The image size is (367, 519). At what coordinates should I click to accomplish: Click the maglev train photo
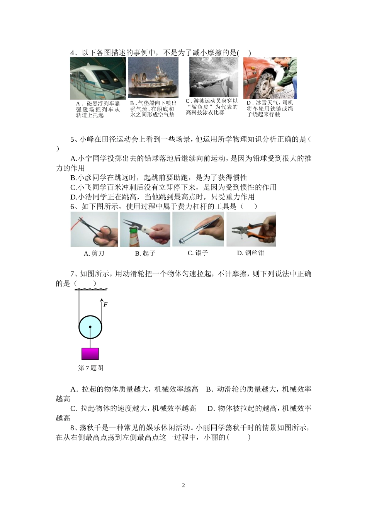point(98,78)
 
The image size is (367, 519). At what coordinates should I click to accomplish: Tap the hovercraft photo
point(153,78)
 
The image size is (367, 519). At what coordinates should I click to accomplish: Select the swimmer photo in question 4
point(213,77)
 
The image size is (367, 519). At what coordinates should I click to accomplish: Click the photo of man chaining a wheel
point(270,78)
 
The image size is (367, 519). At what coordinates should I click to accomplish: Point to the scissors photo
point(94,229)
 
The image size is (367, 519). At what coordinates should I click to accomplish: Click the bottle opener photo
point(145,229)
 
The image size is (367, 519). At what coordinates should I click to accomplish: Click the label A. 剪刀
point(94,253)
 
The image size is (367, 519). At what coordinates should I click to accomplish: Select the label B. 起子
point(145,253)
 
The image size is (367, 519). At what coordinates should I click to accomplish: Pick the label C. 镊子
point(197,253)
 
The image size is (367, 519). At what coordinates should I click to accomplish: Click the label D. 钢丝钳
point(250,253)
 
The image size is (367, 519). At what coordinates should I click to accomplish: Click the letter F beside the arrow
point(105,305)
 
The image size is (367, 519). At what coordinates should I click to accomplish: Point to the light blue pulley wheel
point(90,327)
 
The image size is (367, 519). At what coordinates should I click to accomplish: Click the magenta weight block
point(90,354)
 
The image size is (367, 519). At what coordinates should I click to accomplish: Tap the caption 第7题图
point(91,368)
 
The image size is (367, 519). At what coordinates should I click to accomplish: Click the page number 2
point(183,485)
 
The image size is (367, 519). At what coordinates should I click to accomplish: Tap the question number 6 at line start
point(72,207)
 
